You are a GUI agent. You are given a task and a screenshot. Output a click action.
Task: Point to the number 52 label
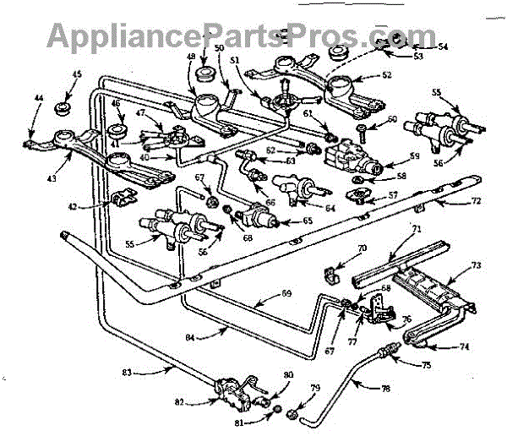tap(387, 75)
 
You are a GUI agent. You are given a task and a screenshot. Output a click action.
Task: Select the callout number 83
tap(128, 370)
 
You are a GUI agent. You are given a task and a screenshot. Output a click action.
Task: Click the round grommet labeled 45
tap(62, 107)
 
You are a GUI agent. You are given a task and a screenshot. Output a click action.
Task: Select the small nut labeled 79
tap(291, 415)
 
